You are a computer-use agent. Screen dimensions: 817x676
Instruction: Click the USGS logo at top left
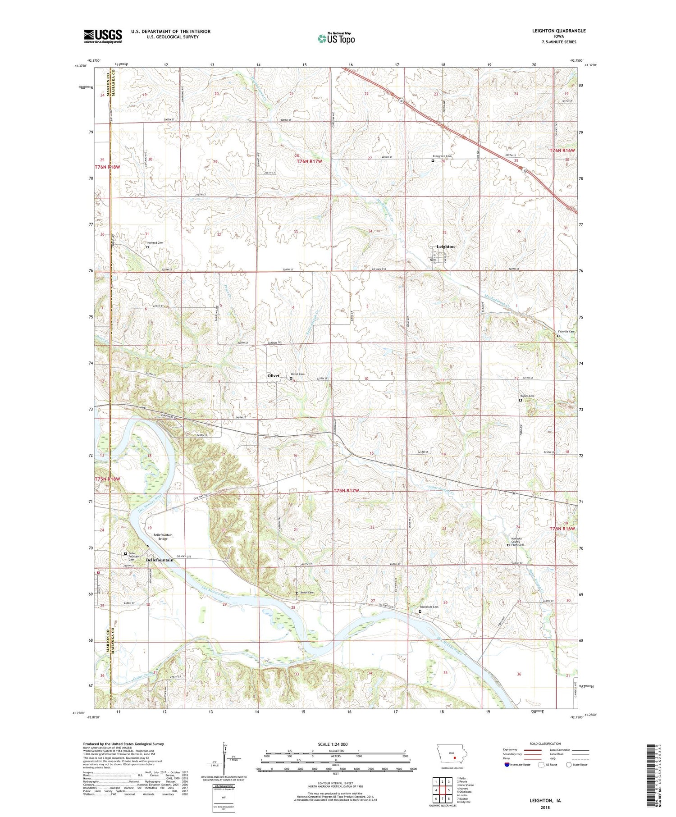click(x=103, y=36)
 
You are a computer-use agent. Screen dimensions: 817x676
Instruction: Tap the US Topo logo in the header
click(x=336, y=39)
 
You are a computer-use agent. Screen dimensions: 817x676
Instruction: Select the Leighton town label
click(x=446, y=246)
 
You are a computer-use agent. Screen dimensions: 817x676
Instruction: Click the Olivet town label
click(x=273, y=375)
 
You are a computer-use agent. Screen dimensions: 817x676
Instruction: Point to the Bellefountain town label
click(x=160, y=560)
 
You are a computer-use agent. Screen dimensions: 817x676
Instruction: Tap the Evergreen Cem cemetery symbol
click(x=433, y=160)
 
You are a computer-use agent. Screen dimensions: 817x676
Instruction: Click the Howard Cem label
click(x=155, y=242)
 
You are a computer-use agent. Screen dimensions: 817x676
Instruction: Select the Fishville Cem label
click(x=566, y=332)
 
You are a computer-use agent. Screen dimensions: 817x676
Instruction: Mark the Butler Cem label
click(x=527, y=396)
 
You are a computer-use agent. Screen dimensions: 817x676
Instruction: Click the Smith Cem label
click(x=306, y=593)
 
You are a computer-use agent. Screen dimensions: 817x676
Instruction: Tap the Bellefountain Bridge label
click(x=163, y=537)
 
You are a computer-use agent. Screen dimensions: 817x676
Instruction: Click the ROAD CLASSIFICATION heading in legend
click(x=545, y=744)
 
